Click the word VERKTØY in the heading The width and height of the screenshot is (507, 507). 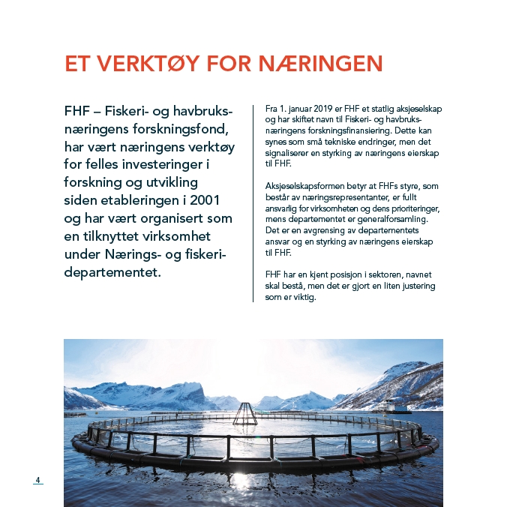click(x=145, y=64)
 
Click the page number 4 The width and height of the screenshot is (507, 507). click(x=37, y=480)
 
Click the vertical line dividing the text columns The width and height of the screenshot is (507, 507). click(x=253, y=202)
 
